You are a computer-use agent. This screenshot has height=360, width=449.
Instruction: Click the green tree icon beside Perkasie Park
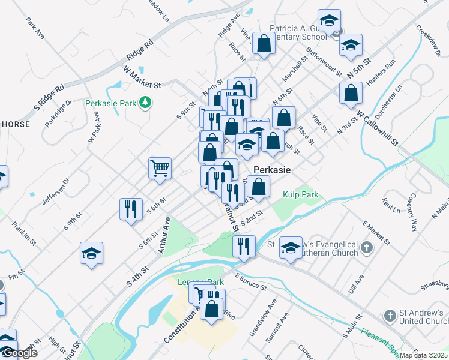pos(144,103)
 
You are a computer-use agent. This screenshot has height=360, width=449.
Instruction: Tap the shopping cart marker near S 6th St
pos(160,168)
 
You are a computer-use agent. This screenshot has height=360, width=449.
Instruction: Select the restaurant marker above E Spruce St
pos(244,247)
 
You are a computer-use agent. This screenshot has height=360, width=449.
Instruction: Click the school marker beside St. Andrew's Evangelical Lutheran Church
pos(291,248)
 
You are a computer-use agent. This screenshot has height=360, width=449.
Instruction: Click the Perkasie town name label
pos(272,170)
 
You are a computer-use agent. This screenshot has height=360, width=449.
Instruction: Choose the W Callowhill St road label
pos(377,128)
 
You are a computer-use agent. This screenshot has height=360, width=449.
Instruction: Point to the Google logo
pos(19,353)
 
